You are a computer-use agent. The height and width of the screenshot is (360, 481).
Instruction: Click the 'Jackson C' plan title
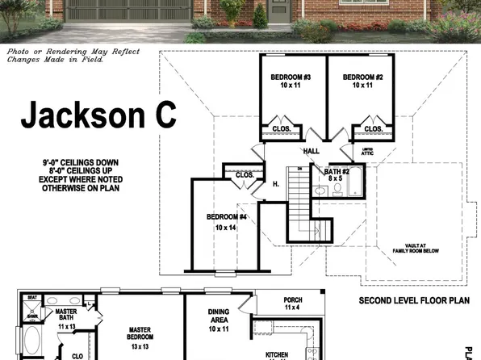tap(98, 115)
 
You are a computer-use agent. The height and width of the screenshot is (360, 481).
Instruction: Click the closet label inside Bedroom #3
tap(282, 128)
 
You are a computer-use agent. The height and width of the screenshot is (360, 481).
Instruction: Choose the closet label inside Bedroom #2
tap(373, 128)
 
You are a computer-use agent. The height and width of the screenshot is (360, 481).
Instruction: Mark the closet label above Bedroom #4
tap(244, 174)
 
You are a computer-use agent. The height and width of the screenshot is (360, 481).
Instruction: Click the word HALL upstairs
tap(312, 151)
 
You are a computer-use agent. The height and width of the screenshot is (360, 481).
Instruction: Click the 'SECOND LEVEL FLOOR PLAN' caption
tap(413, 300)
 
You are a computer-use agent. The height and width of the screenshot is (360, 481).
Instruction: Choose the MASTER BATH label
tap(66, 318)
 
